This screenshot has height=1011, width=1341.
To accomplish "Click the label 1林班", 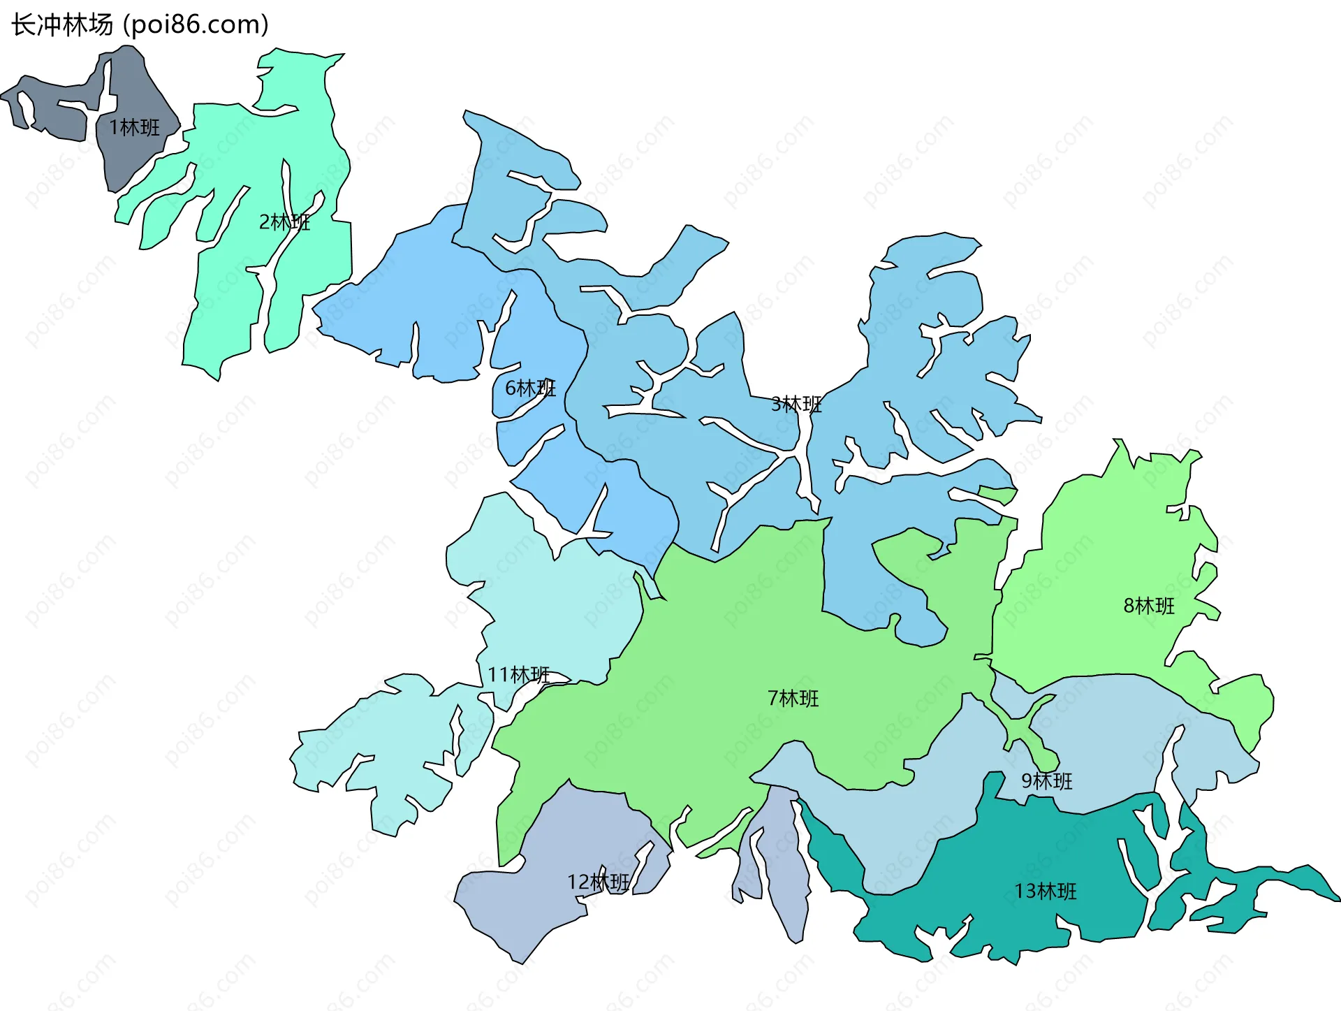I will (x=134, y=127).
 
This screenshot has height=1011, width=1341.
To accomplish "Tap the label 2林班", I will (x=284, y=222).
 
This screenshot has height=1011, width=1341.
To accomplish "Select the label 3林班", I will (x=796, y=404).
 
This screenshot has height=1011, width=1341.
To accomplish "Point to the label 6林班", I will (x=530, y=388).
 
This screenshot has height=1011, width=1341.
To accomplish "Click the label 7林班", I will (x=793, y=698).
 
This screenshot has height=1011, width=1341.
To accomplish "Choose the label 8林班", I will (x=1149, y=606).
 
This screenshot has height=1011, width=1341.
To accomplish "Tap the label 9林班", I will (x=1046, y=780).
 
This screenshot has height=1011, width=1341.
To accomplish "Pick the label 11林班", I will (x=518, y=675).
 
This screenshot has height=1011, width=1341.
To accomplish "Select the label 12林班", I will (x=599, y=882).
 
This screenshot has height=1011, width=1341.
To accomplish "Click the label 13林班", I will (x=1046, y=892).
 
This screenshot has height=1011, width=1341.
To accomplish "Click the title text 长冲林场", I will (x=61, y=25).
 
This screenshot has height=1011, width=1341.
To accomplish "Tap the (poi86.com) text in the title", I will (x=196, y=25).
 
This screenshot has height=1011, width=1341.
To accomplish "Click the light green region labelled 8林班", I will (x=1104, y=559).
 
